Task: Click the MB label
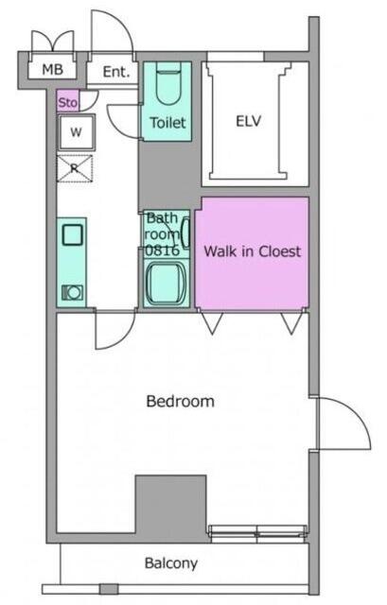click(53, 70)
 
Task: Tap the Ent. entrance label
click(115, 72)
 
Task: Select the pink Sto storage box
click(68, 101)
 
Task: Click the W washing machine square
click(76, 132)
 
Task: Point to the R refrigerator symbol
click(75, 168)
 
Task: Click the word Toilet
click(167, 123)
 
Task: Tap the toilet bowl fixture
click(168, 86)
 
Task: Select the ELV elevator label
click(248, 121)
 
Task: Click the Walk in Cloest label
click(253, 251)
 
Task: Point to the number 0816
click(162, 251)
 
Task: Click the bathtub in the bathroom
click(167, 283)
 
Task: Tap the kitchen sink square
click(72, 234)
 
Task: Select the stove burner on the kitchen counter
click(73, 293)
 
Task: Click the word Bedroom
click(181, 401)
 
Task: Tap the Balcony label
click(171, 563)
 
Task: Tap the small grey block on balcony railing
click(109, 589)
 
